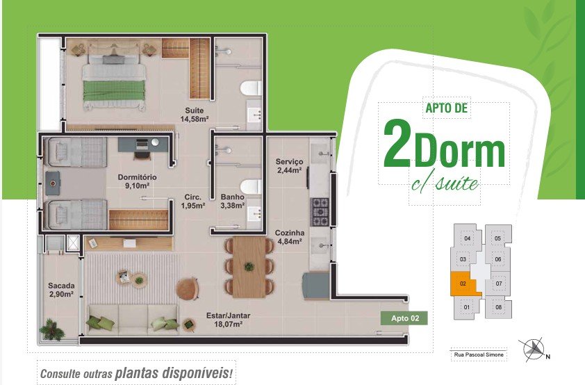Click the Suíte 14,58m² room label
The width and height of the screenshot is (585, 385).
194,115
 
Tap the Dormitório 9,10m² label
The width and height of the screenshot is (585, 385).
137,181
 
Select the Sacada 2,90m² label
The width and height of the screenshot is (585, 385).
61,290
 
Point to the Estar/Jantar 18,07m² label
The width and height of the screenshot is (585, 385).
228,320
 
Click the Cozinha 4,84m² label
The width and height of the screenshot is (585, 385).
290,237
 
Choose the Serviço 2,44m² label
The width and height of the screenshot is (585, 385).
289,166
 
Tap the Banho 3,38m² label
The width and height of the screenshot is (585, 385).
233,201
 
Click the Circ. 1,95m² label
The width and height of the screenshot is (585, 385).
193,201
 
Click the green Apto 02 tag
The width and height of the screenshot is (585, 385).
404,318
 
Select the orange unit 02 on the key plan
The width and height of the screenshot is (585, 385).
464,284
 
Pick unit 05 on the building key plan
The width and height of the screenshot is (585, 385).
497,238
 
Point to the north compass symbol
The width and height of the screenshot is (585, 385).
534,350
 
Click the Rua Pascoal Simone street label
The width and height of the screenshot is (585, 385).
479,354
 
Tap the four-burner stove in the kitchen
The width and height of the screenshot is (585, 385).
320,212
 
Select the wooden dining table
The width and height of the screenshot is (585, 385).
249,267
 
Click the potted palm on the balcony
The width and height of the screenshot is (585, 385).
52,329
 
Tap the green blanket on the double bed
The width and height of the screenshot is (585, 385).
113,91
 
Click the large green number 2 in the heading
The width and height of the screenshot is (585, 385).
397,145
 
